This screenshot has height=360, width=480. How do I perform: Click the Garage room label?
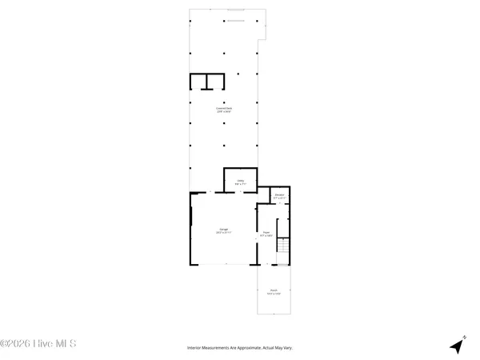click(223, 230)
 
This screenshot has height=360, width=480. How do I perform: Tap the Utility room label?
click(240, 181)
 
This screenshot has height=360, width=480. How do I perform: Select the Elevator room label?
click(279, 194)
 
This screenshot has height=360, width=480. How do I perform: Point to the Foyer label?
click(266, 233)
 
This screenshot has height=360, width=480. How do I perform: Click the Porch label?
click(273, 290)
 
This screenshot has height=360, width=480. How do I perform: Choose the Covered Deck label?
click(223, 108)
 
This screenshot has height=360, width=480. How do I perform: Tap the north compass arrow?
click(457, 346)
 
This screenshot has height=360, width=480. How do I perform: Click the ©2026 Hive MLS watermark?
click(38, 344)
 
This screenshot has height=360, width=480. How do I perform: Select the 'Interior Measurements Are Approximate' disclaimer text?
click(240, 348)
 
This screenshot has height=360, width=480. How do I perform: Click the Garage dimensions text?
click(223, 234)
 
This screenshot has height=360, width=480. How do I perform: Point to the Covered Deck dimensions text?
click(223, 112)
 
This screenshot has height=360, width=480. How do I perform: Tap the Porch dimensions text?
click(273, 294)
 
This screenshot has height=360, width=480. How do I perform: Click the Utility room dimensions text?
click(240, 185)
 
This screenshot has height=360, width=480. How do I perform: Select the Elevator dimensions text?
click(279, 198)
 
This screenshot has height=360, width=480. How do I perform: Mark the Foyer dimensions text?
click(266, 237)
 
